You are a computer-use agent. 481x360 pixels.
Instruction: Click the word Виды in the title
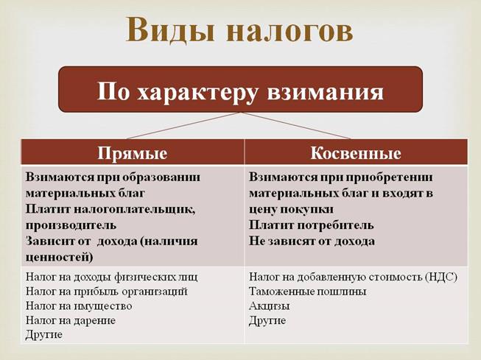coord(170,29)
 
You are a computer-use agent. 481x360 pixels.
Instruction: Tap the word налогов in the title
coord(290,31)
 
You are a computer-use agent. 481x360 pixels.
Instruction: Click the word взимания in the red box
coord(326,92)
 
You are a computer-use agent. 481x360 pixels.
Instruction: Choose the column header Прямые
coord(133,153)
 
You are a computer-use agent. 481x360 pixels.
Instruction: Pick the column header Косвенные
coord(356,153)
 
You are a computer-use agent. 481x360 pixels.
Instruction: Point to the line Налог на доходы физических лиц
coord(112,277)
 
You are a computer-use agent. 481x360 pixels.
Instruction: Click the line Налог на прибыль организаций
coord(107,292)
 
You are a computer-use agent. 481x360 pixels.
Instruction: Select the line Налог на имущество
coord(79,306)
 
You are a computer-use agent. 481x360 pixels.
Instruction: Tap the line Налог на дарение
coord(71,320)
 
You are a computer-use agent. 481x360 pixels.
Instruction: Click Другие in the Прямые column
coord(44,334)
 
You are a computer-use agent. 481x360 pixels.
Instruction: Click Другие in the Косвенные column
coord(267,320)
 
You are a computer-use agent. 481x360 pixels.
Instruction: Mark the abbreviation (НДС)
coord(441,277)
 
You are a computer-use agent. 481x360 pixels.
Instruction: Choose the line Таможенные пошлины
coord(308,292)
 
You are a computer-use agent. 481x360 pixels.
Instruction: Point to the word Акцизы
coord(270,306)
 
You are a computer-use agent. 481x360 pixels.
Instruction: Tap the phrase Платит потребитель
coord(312,225)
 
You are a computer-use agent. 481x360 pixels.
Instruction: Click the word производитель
coord(71,225)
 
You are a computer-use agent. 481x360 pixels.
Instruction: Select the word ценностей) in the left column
coord(59,257)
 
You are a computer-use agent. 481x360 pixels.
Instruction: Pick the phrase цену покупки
coord(291,209)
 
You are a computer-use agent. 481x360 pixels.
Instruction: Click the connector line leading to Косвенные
coord(295,126)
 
